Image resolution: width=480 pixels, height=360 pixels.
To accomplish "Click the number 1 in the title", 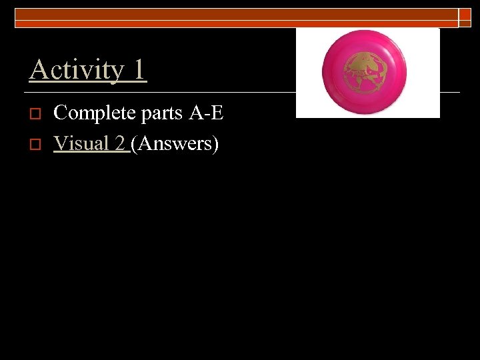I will tap(138, 69).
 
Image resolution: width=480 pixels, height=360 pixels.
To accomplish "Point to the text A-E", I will tap(207, 113).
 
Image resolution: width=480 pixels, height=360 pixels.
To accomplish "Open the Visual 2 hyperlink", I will tap(91, 143).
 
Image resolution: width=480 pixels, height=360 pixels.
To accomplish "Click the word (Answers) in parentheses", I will tap(175, 144).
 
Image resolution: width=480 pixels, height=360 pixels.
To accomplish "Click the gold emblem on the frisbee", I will tap(365, 73).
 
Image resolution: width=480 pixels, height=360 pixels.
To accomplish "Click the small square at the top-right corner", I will tap(465, 18).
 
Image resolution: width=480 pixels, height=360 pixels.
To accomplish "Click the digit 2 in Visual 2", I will tap(121, 143).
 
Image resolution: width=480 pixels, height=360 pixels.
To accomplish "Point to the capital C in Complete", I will tap(60, 113).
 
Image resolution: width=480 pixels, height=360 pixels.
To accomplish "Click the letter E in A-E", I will tap(217, 113).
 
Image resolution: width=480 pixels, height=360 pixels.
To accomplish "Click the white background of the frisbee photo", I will tap(307, 107).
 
